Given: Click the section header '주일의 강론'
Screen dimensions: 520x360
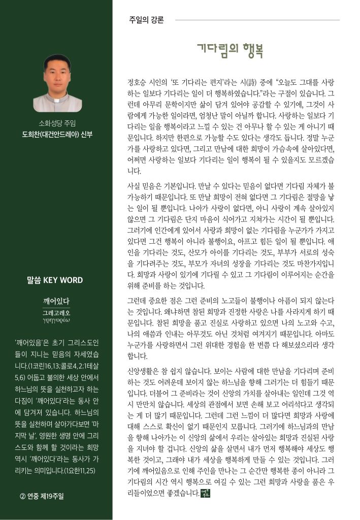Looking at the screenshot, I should (146, 20).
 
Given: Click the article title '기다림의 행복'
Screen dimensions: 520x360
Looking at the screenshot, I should (230, 51).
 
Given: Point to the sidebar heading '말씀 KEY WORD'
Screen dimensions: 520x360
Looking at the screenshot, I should (55, 280).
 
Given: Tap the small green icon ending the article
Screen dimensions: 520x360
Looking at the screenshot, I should (205, 493).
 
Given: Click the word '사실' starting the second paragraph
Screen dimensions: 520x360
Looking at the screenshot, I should (133, 186).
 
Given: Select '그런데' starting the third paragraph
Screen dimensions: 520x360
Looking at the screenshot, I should (136, 301).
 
